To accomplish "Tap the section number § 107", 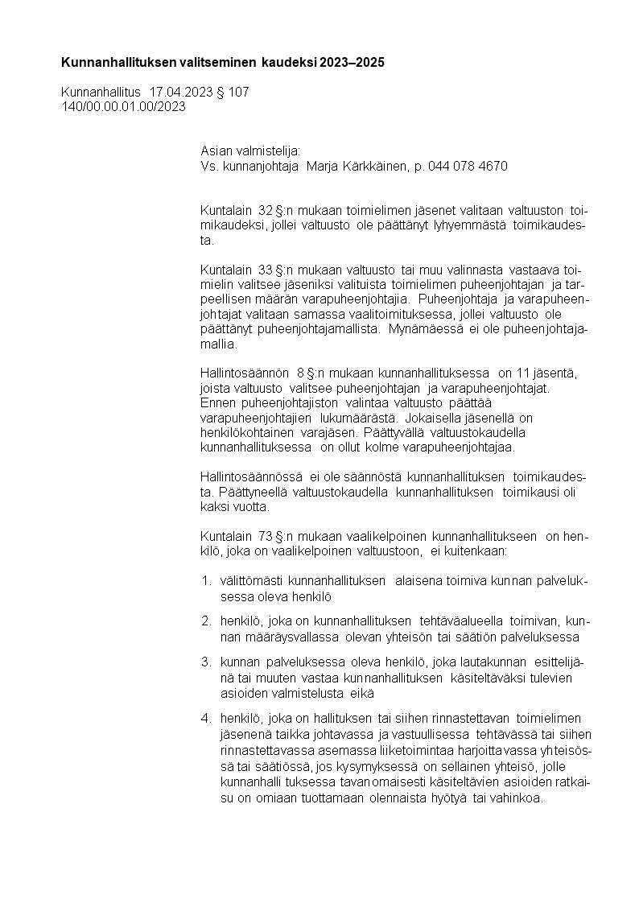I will click(x=233, y=93).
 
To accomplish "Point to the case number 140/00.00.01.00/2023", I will click(x=123, y=107).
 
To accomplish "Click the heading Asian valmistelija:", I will click(x=249, y=151).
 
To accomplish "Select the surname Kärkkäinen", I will click(x=376, y=167).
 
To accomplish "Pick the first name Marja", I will click(x=325, y=167).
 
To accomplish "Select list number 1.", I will click(x=206, y=580).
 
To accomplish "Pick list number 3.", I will click(x=206, y=662).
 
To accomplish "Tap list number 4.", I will click(x=206, y=717).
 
